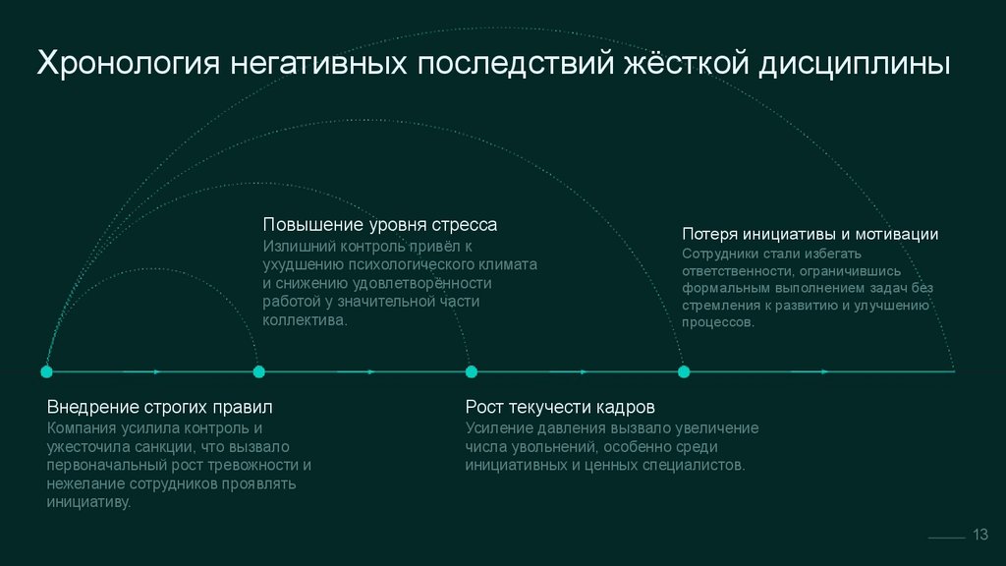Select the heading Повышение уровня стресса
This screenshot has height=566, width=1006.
pos(379,225)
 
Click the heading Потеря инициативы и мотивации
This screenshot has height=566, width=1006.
pos(810,234)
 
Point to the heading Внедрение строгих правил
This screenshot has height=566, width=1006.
pos(159,407)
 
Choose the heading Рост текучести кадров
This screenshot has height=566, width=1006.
pos(560,407)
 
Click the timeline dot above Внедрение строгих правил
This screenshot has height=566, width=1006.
pos(46,371)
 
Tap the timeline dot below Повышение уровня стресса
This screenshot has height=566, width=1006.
pos(258,371)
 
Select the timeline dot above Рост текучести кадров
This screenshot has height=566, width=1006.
pos(472,371)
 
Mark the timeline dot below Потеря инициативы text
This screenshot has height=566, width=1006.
pos(684,371)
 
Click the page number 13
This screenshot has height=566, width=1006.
pos(979,534)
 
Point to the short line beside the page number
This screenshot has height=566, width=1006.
pos(946,538)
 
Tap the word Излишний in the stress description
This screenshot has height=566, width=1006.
pos(295,246)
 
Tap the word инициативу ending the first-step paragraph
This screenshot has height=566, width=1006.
pos(87,502)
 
